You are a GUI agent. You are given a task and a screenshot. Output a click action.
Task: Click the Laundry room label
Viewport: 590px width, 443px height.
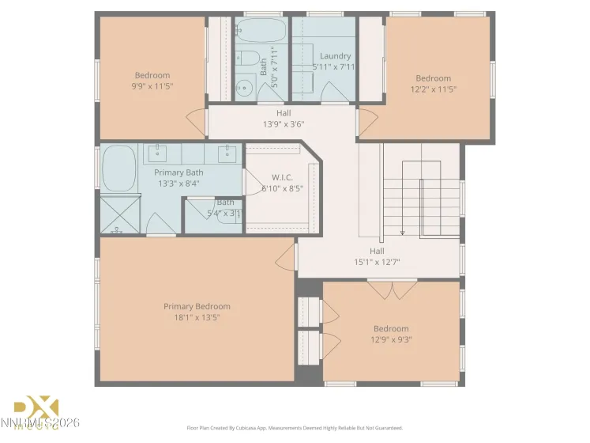335,56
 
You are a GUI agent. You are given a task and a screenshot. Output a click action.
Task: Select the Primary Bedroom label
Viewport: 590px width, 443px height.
197,306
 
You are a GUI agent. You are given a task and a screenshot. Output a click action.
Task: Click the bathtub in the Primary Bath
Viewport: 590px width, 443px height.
120,168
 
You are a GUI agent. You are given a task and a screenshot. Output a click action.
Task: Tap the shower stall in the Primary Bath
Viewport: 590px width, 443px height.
120,214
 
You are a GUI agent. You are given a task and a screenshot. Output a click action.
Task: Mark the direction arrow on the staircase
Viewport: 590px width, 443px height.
403,231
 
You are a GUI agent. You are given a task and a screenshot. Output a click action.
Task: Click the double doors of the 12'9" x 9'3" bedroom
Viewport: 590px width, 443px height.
392,290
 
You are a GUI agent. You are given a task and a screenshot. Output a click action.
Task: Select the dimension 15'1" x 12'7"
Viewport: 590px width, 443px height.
377,262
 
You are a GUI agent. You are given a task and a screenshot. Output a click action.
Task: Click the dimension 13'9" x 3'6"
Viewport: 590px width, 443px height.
283,124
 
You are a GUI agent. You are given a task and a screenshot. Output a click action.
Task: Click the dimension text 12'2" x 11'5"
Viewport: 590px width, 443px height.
434,89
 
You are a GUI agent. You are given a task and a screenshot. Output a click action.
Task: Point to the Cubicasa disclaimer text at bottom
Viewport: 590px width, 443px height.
295,428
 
